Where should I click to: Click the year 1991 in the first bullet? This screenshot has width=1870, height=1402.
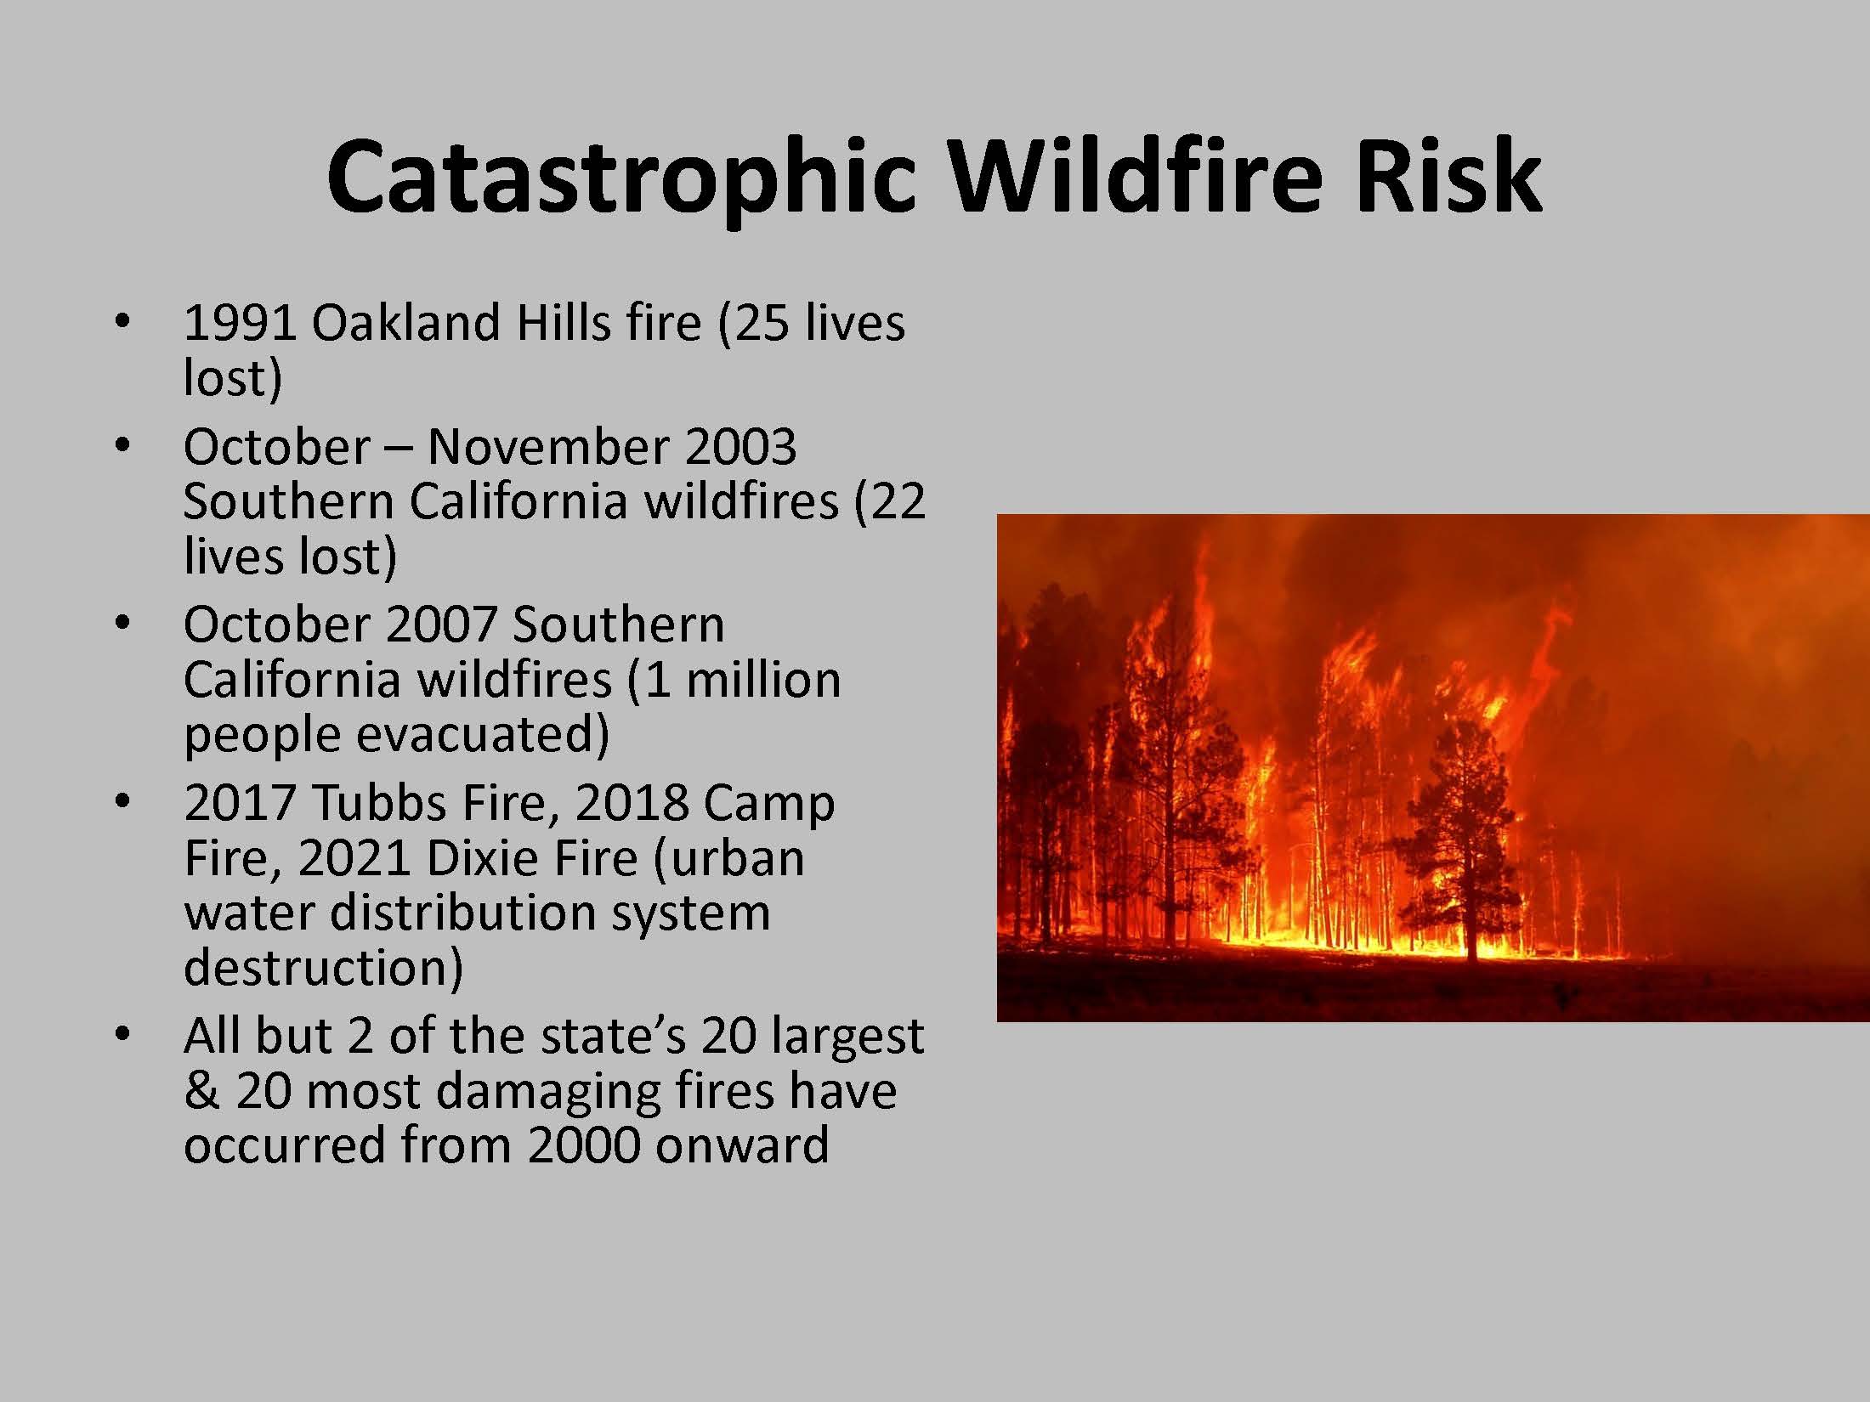pos(240,324)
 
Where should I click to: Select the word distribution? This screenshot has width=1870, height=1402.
pos(462,913)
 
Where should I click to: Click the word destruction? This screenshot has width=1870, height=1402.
pos(324,968)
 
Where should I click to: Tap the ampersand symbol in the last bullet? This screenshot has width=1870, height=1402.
pos(201,1091)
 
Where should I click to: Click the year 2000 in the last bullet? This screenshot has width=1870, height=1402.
pos(583,1145)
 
